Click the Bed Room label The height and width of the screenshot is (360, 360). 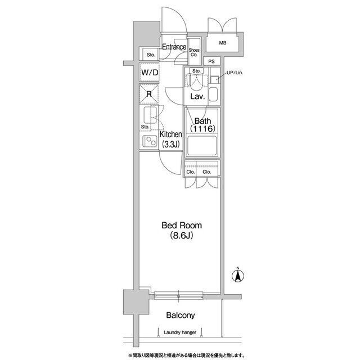point(182,225)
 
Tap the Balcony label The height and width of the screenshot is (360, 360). point(181,316)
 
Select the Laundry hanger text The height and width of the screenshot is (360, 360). point(180,332)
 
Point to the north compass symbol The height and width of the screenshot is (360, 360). point(238,275)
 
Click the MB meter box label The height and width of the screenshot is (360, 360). point(223,43)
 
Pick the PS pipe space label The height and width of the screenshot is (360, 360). point(211,61)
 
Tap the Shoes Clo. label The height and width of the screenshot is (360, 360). point(194,52)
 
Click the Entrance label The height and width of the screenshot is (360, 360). point(174,47)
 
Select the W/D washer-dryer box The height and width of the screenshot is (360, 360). point(150,73)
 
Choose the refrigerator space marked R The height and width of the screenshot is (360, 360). point(149,94)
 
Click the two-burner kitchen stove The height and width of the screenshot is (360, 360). point(150,141)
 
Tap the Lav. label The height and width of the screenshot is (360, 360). point(197,97)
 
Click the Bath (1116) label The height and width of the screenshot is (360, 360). point(202,125)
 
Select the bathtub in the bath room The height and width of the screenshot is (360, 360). point(202,146)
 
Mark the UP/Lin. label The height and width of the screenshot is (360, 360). point(235,73)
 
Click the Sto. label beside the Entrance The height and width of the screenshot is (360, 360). point(151,55)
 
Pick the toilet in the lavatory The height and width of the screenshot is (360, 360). point(196,81)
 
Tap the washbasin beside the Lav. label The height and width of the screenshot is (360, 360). point(213,94)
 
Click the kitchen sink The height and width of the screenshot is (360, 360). point(150,115)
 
